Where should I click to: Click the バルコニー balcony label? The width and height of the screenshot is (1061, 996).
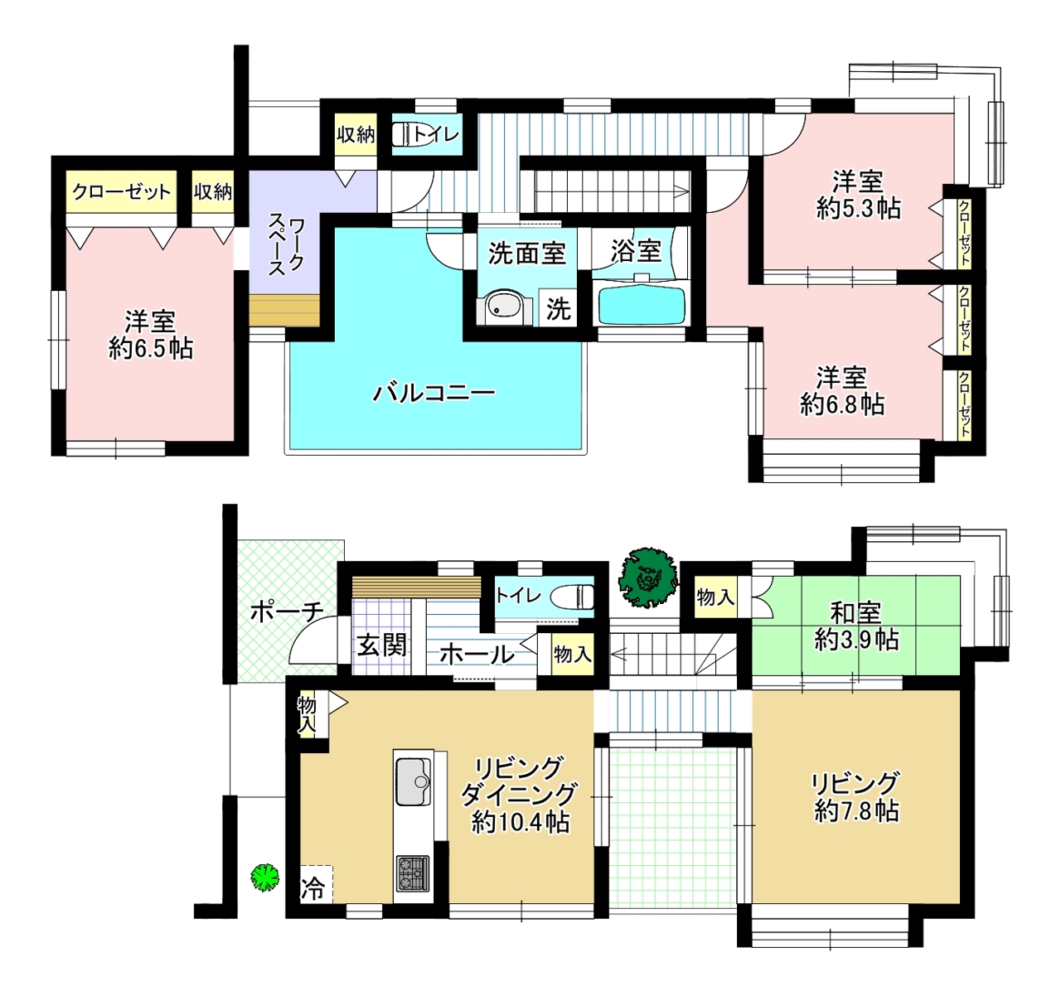point(434,394)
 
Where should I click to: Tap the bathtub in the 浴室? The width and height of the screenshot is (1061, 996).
point(642,305)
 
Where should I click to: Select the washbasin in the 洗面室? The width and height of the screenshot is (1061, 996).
point(504,307)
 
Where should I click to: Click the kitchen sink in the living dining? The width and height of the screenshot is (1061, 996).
point(413,782)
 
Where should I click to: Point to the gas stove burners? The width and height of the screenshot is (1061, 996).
point(412,873)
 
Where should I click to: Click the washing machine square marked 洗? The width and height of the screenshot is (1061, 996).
point(558,307)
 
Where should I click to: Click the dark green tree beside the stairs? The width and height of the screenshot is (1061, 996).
point(647,578)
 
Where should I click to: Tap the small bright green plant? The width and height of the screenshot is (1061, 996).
point(265,878)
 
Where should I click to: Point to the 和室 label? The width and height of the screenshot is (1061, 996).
point(856,613)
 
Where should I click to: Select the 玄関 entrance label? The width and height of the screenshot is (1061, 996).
point(381,645)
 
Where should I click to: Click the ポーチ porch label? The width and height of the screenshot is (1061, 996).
point(287,612)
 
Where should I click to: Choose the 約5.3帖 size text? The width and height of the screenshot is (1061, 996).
point(858,208)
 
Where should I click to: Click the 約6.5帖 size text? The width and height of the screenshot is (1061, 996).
point(151,349)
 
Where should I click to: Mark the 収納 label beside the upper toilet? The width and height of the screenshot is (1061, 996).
point(356,135)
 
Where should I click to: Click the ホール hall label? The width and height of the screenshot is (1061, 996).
point(477,655)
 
